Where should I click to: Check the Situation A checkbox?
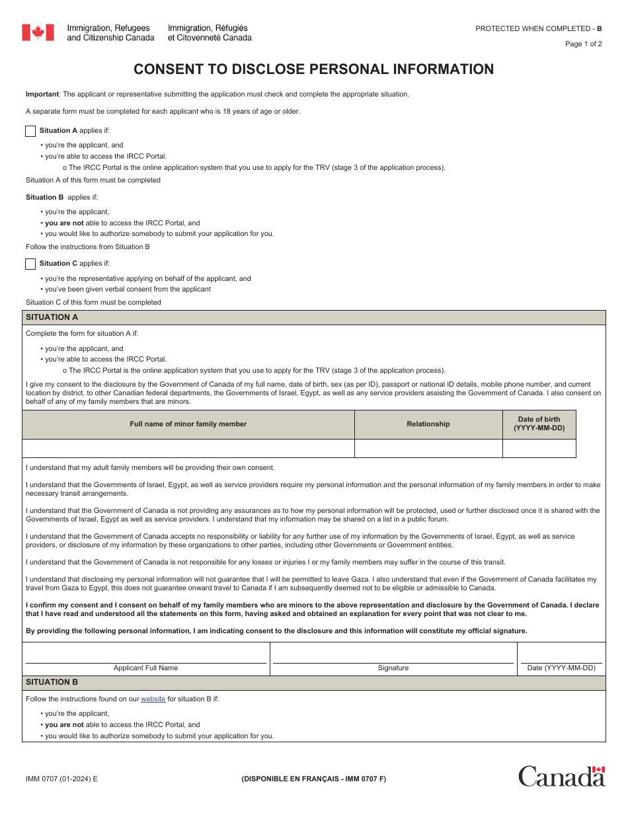(x=30, y=131)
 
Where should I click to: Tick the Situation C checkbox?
(x=30, y=264)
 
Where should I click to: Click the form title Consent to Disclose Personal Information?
(x=313, y=69)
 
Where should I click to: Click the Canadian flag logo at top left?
(x=38, y=32)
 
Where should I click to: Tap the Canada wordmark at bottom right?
(x=561, y=776)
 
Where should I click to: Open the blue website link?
(x=153, y=699)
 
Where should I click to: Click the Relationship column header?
(x=428, y=424)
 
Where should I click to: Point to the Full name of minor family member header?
(x=188, y=424)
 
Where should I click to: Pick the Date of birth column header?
(x=539, y=424)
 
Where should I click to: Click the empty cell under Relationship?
(x=428, y=449)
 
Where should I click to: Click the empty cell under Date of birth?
(x=539, y=449)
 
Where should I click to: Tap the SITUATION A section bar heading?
(x=52, y=317)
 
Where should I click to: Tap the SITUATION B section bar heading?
(x=52, y=682)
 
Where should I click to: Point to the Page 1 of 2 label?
(x=583, y=44)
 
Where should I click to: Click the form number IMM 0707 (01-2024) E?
(x=61, y=779)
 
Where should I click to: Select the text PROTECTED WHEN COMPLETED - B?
(x=538, y=28)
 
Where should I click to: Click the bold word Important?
(x=42, y=94)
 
